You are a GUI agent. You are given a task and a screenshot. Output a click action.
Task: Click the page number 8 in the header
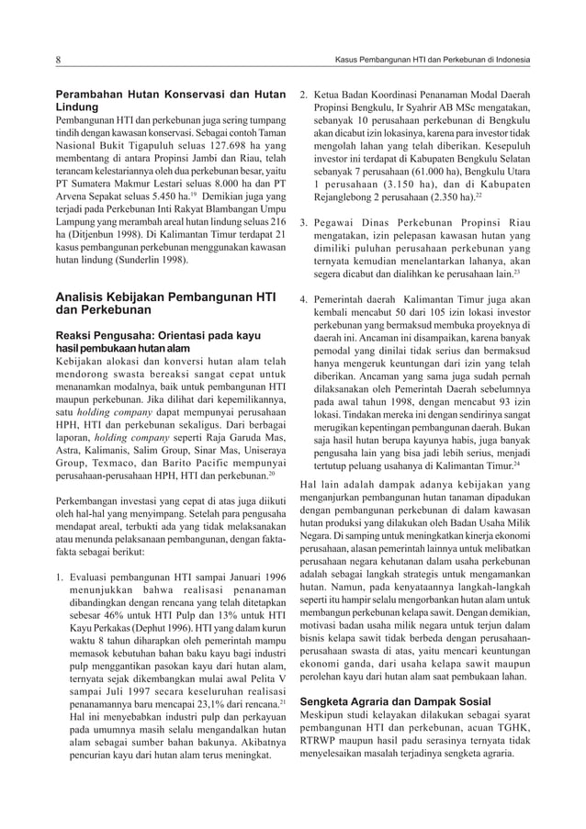(58, 62)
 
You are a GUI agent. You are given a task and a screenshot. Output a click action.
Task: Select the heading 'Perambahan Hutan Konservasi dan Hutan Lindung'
(171, 100)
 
